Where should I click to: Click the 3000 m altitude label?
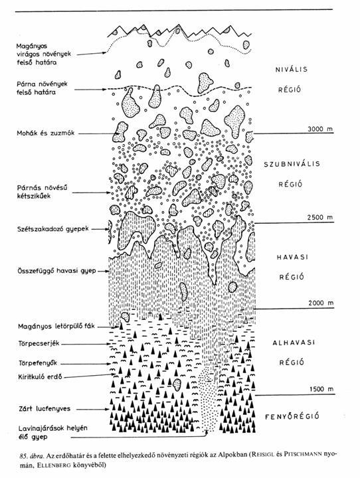(320, 129)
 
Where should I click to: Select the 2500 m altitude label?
(320, 217)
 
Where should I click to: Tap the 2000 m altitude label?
(321, 303)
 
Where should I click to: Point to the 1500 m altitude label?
(321, 389)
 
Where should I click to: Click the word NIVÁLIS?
(292, 69)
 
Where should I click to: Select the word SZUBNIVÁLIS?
(292, 164)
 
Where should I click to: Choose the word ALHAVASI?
(293, 343)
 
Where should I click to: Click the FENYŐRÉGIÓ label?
(292, 416)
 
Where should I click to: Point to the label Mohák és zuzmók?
(45, 133)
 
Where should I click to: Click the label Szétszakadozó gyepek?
(52, 228)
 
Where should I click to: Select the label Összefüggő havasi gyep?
(56, 271)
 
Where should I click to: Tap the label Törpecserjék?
(39, 344)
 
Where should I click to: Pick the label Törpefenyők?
(37, 363)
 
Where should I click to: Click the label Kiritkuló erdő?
(40, 377)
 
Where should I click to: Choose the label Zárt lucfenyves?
(45, 408)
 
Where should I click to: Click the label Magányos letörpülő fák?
(56, 327)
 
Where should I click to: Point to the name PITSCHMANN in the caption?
(303, 455)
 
